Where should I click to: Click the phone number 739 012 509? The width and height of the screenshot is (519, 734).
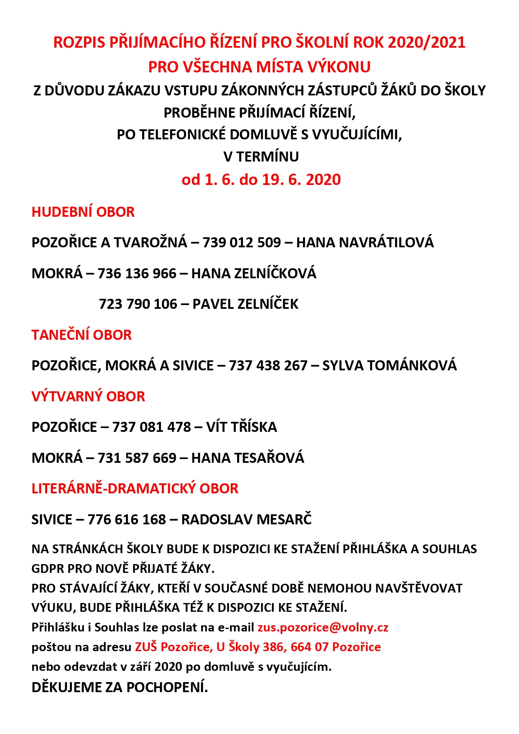[241, 243]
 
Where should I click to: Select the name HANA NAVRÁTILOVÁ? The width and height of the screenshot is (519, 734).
[365, 243]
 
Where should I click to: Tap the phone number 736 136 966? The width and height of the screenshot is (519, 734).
[137, 274]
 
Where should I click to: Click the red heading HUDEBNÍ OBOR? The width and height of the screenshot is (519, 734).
[83, 212]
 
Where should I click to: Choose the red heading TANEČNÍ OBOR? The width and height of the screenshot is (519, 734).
[82, 335]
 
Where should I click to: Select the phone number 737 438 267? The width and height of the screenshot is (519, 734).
[268, 366]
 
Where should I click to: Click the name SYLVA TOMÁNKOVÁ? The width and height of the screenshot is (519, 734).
[389, 366]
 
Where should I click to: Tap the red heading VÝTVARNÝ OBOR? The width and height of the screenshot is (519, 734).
[88, 397]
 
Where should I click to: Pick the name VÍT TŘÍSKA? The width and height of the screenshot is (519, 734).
[241, 427]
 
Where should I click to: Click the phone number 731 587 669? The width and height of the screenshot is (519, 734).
[137, 458]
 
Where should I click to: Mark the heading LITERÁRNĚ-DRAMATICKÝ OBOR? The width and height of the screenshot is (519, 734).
[135, 489]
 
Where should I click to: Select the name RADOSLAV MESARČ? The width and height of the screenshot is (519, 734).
[246, 520]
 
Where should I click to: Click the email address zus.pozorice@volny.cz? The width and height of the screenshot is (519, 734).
[323, 628]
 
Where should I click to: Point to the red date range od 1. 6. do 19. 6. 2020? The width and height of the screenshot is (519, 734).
[261, 180]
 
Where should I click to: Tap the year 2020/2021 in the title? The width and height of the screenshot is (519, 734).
[427, 43]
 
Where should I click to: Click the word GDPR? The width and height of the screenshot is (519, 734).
[48, 569]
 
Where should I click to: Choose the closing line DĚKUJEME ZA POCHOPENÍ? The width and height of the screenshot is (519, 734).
[120, 687]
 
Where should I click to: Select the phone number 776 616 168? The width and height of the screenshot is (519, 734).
[127, 520]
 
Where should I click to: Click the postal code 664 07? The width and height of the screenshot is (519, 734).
[309, 647]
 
